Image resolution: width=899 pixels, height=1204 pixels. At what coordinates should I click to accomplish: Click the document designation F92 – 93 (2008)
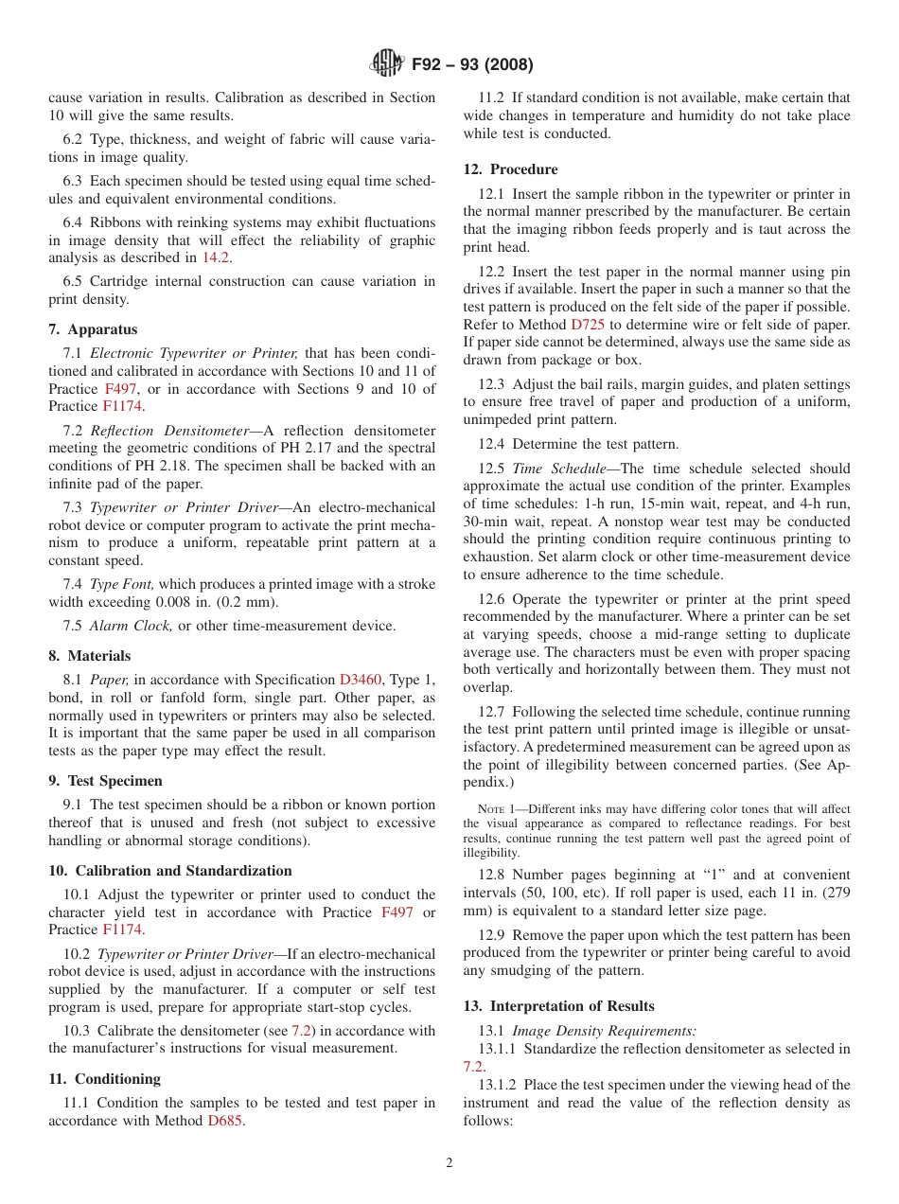pos(471,65)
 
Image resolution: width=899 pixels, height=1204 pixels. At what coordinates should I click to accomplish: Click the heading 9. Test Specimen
pos(105,781)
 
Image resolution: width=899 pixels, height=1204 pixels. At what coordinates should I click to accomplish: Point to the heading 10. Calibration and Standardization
pos(170,871)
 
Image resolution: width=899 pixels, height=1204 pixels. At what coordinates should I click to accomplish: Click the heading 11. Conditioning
pos(104,1079)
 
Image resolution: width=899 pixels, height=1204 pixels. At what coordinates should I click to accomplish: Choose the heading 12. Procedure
pos(510,169)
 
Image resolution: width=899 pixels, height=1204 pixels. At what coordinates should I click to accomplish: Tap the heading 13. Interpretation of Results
pos(558,1006)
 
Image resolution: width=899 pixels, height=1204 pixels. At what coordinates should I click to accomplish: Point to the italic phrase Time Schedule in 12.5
pos(552,469)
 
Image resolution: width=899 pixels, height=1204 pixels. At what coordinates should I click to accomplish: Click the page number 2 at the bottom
pos(449,1163)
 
